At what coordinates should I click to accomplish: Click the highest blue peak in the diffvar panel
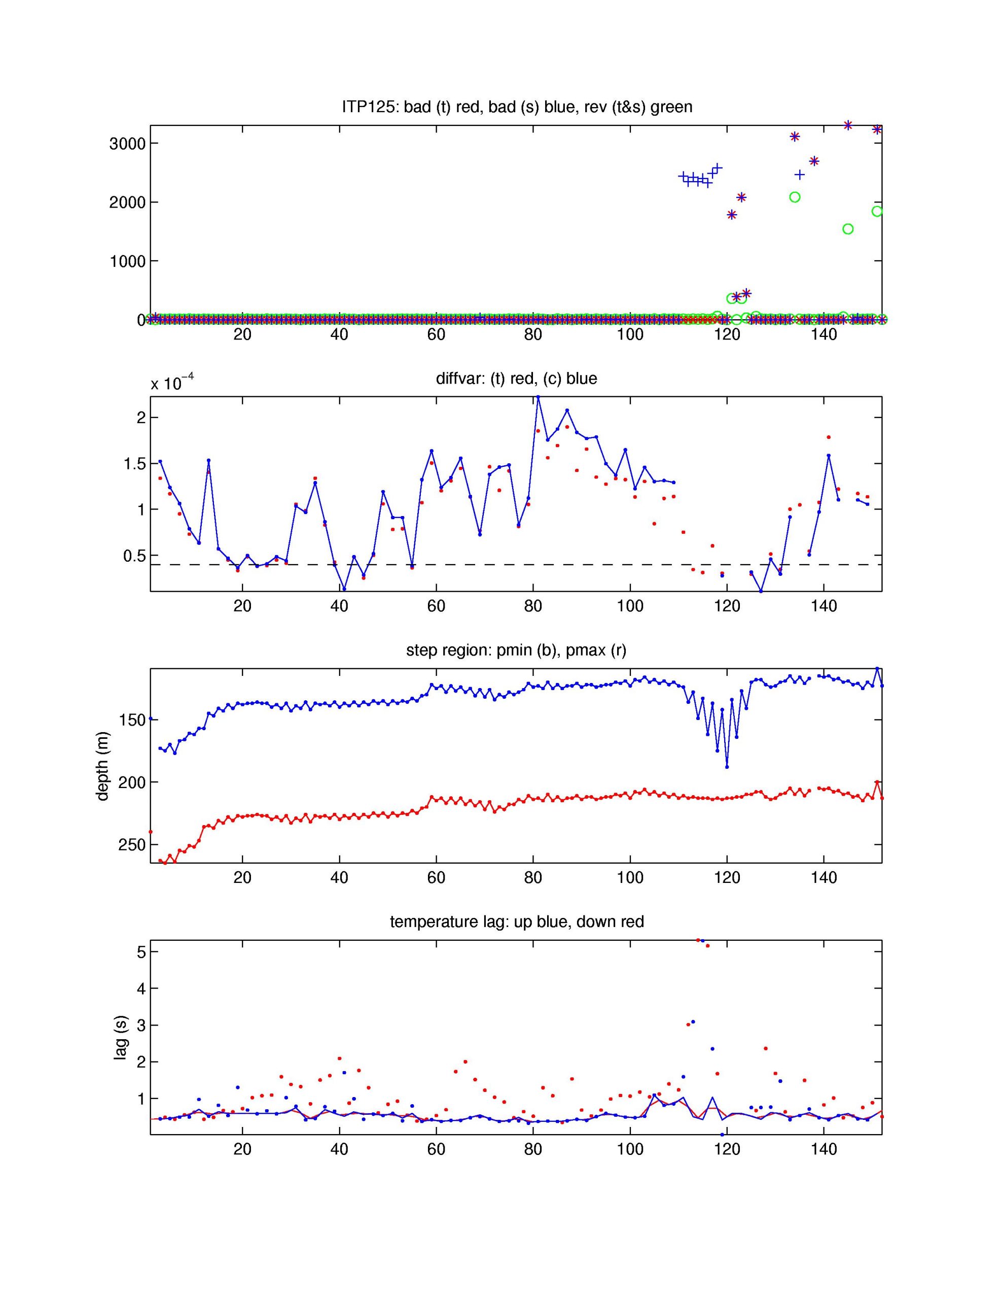coord(538,397)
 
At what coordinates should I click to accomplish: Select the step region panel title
coord(516,650)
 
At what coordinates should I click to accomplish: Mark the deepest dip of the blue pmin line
coord(727,767)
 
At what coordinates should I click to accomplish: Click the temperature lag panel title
coord(516,922)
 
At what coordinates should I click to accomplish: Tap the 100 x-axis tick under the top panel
coord(630,334)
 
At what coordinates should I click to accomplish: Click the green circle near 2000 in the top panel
coord(794,197)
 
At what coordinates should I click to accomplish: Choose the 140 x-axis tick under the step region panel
coord(823,877)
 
